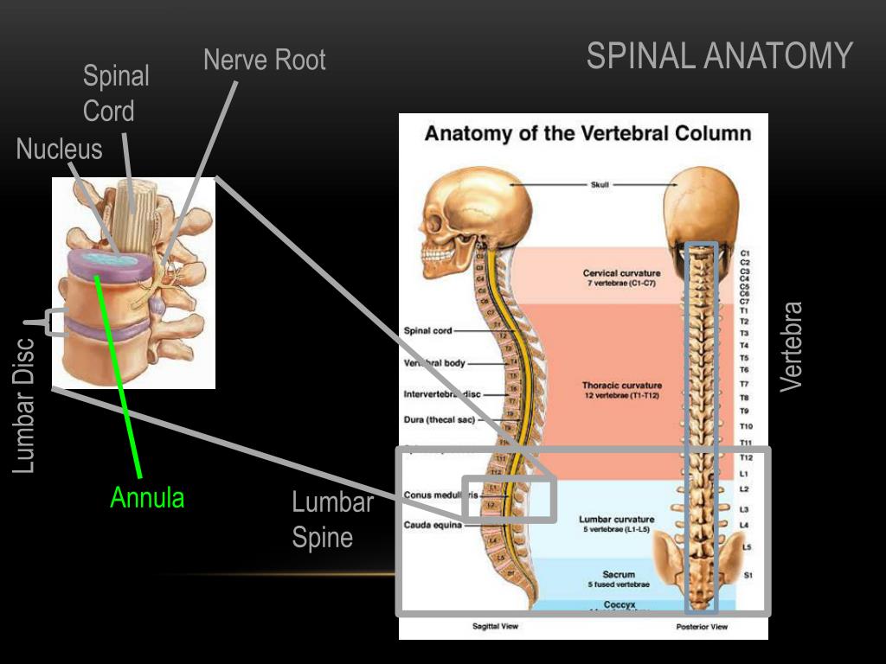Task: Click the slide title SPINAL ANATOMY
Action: [719, 56]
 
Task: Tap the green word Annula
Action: [147, 498]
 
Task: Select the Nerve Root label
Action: [264, 60]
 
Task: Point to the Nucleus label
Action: [59, 150]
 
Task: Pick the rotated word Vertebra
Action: [792, 346]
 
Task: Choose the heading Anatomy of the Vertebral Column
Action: [587, 134]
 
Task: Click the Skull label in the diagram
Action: [600, 184]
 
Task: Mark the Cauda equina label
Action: [432, 525]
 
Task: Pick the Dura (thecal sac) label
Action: [439, 420]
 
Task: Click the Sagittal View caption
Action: [495, 626]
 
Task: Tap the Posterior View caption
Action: [701, 626]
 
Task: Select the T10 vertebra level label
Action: [746, 426]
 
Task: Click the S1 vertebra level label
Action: [747, 575]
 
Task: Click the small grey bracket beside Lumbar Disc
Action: [55, 322]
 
